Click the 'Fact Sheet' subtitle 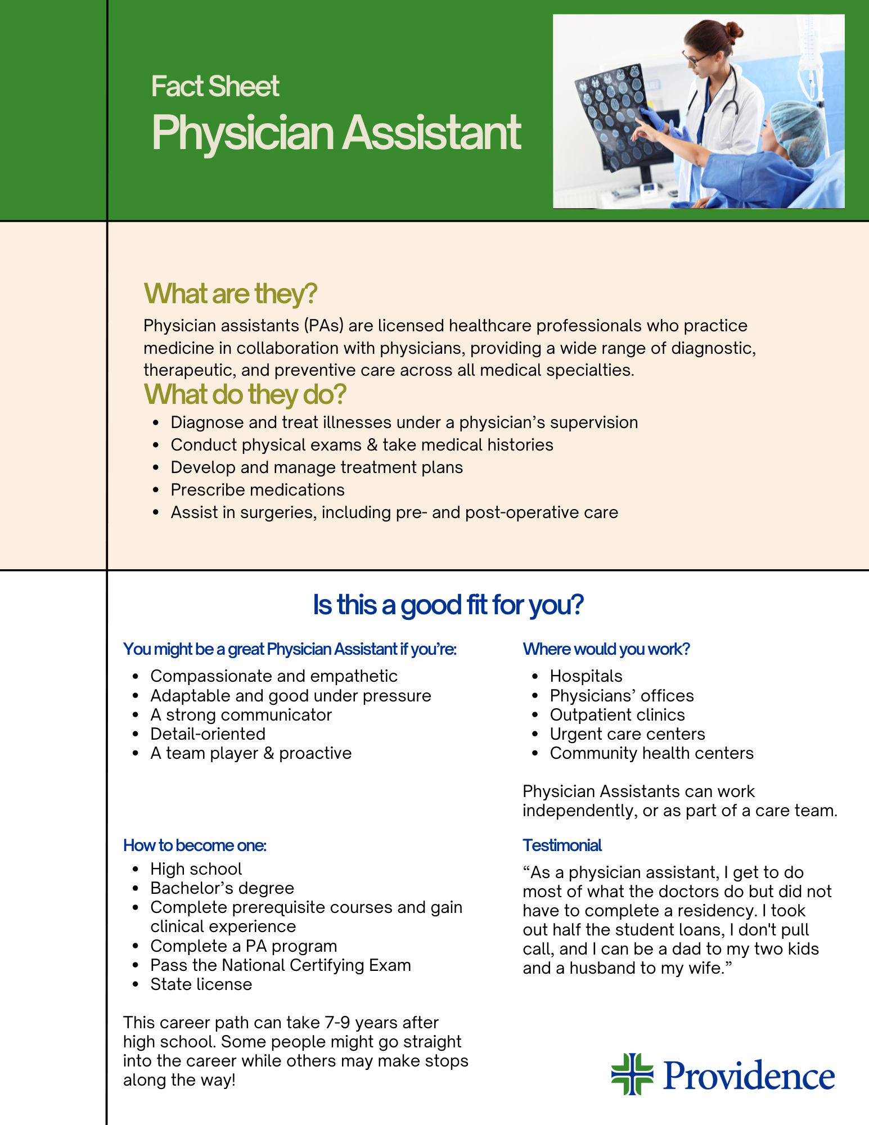215,87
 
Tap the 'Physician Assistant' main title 336,133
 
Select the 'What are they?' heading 231,294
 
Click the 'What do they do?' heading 245,394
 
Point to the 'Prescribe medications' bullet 258,490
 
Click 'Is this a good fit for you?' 448,605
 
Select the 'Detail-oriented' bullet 208,734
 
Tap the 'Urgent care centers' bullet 627,734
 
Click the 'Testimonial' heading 562,845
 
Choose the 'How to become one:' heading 195,845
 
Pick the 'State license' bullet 201,984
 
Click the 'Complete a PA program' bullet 244,946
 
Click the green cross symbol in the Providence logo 632,1074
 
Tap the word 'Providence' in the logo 749,1076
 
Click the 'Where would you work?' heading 606,649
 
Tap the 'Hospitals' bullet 586,676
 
